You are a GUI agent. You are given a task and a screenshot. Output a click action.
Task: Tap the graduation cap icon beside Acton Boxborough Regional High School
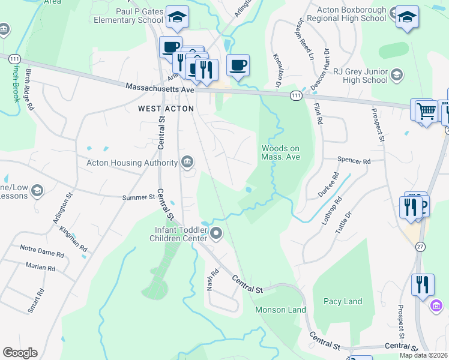pos(407,17)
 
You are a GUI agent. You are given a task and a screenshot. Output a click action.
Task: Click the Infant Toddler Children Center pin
pos(216,233)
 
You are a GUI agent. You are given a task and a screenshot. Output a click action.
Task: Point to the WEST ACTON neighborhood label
pos(166,109)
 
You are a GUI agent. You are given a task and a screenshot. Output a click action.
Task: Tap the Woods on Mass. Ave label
pos(280,153)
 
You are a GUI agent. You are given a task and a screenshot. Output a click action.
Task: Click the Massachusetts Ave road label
pos(160,88)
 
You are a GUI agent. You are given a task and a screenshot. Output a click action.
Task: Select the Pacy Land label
pos(343,301)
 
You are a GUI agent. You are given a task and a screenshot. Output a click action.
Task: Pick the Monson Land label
pos(280,310)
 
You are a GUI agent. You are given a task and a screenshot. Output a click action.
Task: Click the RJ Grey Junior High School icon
pos(396,75)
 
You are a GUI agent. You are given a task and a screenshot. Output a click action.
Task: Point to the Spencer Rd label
pos(354,161)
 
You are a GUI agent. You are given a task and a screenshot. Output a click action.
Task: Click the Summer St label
pos(139,197)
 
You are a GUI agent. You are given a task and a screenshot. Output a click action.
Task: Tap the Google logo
pos(20,352)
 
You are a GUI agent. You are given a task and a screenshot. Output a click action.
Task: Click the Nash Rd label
pos(211,279)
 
